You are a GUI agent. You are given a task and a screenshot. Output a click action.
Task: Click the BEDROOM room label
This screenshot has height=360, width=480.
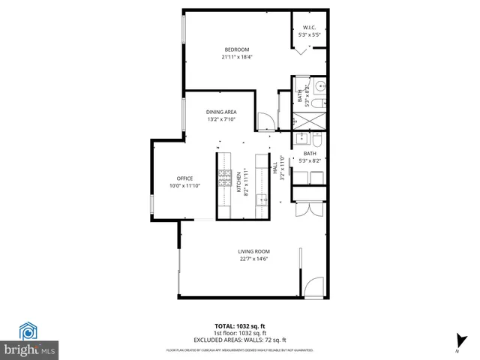pyautogui.click(x=236, y=49)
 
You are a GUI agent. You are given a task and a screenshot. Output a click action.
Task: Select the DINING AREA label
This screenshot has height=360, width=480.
pyautogui.click(x=221, y=112)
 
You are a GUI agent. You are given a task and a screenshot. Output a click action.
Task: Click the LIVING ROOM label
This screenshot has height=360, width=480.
pyautogui.click(x=253, y=251)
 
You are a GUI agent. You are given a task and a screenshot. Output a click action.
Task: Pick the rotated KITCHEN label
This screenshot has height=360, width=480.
pyautogui.click(x=239, y=183)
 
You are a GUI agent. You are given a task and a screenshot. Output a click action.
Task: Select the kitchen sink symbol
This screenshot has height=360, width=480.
pyautogui.click(x=262, y=199)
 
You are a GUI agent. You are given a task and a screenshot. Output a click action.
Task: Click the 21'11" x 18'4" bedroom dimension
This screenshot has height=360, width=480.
pyautogui.click(x=236, y=57)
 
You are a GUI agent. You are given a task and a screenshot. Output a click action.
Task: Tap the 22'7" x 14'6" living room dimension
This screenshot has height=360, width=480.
pyautogui.click(x=253, y=259)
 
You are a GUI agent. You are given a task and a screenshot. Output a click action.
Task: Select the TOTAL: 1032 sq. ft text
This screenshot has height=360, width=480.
pyautogui.click(x=239, y=326)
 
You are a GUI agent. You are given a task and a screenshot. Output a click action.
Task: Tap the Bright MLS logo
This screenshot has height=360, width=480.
pyautogui.click(x=29, y=341)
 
